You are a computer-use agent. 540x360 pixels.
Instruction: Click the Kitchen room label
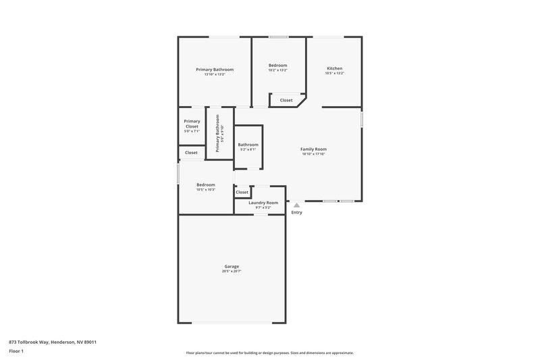[335, 68]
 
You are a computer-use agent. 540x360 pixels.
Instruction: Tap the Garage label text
[232, 266]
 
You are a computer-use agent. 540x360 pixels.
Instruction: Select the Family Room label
[314, 149]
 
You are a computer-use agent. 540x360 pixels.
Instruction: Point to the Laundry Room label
[263, 203]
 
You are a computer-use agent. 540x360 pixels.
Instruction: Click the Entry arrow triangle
[296, 205]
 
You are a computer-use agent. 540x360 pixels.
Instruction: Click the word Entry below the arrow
[296, 213]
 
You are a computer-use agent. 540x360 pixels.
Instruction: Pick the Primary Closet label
[192, 124]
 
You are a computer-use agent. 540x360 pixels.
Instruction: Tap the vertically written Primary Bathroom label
[218, 133]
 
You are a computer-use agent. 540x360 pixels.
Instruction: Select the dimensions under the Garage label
[232, 272]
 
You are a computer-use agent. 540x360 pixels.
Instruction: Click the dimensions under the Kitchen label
[335, 74]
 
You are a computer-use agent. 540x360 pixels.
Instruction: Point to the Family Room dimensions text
[314, 155]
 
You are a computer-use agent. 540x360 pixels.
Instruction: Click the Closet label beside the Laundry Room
[242, 192]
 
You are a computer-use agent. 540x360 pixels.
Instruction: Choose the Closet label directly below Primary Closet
[192, 153]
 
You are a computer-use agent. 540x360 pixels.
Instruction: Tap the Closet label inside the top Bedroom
[286, 100]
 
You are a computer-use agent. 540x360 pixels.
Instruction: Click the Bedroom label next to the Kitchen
[277, 66]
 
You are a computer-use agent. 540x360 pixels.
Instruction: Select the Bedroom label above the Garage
[206, 185]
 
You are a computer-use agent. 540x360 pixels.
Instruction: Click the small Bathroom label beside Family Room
[248, 145]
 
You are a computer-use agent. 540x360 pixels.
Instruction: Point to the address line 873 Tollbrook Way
[53, 342]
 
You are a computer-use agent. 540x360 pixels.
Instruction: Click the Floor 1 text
[17, 352]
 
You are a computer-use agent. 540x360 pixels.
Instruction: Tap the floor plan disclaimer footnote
[270, 353]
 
